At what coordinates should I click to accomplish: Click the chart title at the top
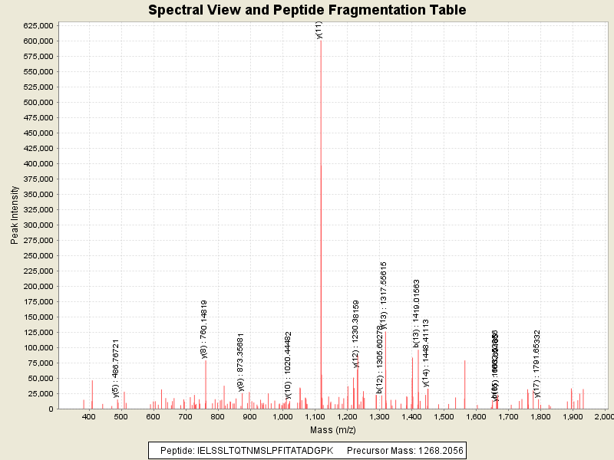307,10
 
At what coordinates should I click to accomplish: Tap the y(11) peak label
319,30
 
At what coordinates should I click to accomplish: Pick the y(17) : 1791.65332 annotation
537,359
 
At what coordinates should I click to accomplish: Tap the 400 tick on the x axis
89,416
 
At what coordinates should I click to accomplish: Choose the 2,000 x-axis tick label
605,416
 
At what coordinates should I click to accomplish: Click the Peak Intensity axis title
15,219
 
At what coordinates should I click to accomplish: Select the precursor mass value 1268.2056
439,451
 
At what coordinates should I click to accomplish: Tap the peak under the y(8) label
206,383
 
